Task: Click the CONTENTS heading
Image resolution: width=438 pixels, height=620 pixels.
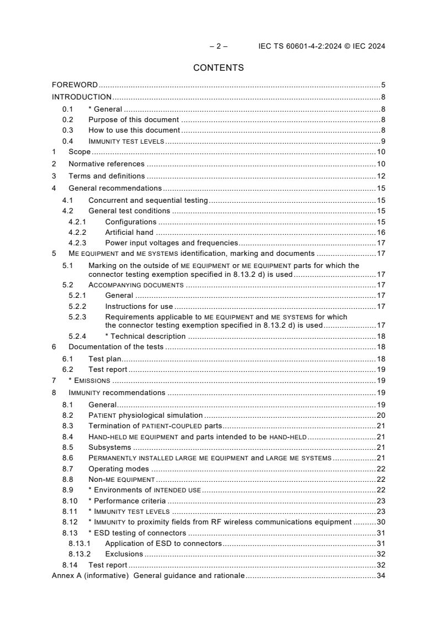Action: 219,68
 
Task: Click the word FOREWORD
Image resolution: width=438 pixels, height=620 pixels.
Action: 75,85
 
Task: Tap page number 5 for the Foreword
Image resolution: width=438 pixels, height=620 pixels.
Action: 383,85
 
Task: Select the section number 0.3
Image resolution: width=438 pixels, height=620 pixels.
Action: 67,130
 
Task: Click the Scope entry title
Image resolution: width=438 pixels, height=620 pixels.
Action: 80,152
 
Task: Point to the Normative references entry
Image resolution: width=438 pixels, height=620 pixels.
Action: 107,164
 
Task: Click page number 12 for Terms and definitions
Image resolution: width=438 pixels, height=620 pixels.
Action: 381,176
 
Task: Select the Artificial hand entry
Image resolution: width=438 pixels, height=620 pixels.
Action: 129,232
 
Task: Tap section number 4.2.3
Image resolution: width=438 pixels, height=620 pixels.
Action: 77,243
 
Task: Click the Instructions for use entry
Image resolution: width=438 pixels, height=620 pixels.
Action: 139,306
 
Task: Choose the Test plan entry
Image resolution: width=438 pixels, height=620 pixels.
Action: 105,359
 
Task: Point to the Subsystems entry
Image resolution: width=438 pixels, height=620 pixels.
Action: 110,447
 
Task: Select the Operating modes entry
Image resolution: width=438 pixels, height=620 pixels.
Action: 119,469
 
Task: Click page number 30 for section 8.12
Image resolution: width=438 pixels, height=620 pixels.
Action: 381,522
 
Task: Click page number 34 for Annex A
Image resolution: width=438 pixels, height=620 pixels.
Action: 381,576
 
